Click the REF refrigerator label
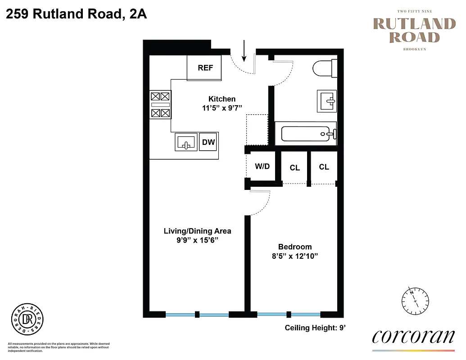click(x=205, y=68)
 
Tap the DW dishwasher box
click(x=208, y=143)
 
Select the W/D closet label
click(x=262, y=166)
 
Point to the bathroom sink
click(x=327, y=100)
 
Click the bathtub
click(x=309, y=134)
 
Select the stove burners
click(x=160, y=104)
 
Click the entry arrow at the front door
click(x=244, y=51)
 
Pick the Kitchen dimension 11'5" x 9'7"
click(x=222, y=108)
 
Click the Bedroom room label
click(x=295, y=247)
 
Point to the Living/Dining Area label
click(x=197, y=231)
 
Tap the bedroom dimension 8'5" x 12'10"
click(x=295, y=256)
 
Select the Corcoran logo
click(x=414, y=337)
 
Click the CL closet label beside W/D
click(x=294, y=167)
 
